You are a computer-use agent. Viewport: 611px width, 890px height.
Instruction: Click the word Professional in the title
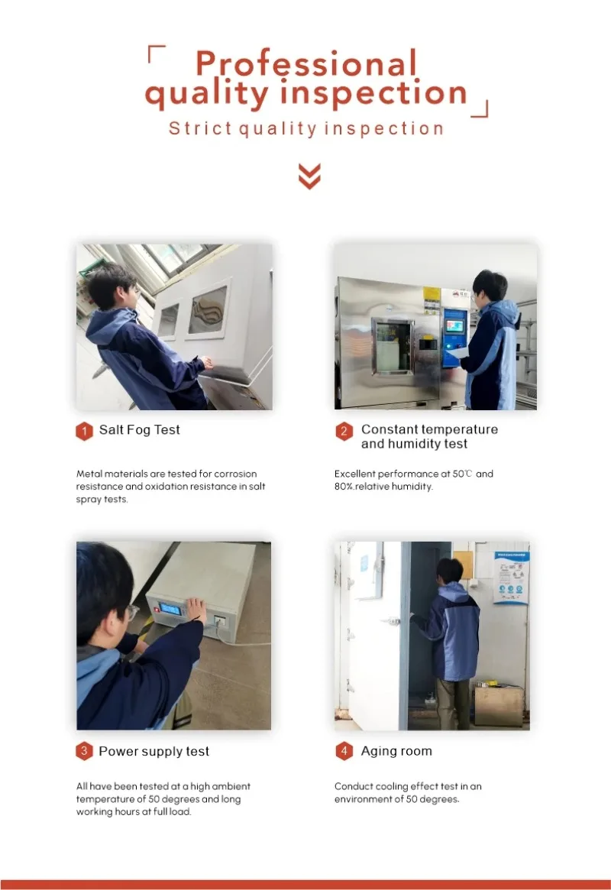[306, 63]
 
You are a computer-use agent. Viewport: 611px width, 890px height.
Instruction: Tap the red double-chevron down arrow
[310, 176]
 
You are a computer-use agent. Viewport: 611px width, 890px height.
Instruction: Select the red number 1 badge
[84, 432]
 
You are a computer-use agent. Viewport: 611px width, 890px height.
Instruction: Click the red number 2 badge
[344, 432]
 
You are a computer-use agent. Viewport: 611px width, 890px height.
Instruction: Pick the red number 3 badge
[84, 752]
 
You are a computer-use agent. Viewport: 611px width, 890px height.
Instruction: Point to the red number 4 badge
[344, 752]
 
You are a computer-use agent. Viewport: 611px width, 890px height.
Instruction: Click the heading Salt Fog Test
[140, 430]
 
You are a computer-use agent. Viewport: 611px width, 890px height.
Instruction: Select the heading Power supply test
[154, 752]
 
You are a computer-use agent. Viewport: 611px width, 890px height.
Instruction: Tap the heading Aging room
[396, 751]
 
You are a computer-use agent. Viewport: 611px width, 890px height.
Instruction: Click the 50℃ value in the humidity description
[462, 474]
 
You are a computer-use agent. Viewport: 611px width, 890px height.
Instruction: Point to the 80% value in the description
[344, 487]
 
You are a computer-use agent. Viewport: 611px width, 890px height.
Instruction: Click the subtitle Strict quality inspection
[306, 129]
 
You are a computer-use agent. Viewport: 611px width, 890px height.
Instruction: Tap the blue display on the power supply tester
[170, 610]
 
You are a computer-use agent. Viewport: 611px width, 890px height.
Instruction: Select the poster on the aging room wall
[511, 578]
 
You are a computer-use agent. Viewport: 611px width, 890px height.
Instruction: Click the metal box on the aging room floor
[499, 706]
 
